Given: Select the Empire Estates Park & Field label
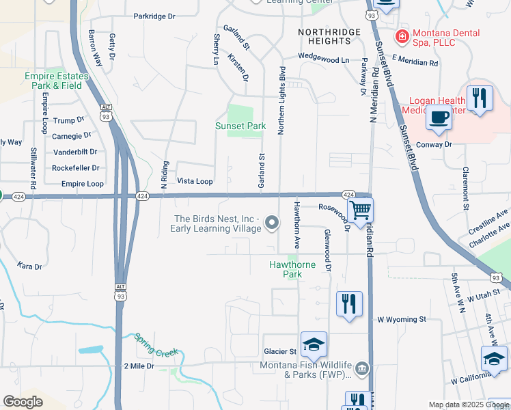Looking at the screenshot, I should (53, 81).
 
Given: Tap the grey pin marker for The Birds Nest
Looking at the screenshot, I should (272, 223).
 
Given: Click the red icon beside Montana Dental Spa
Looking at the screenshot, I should (402, 33).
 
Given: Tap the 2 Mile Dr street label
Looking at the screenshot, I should (140, 366).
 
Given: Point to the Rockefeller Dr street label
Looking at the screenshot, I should (76, 167).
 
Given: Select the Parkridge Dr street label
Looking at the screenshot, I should (154, 16).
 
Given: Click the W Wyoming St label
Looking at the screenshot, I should (402, 319).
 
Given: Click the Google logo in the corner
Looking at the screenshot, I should (23, 402).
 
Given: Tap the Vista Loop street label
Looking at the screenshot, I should (195, 182).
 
